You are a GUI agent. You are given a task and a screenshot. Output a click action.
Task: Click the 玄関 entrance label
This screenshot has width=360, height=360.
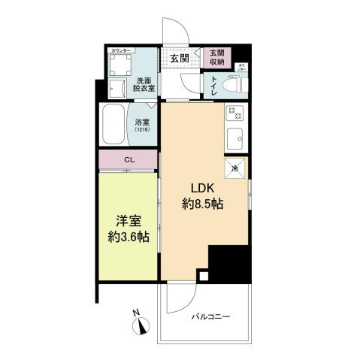178,58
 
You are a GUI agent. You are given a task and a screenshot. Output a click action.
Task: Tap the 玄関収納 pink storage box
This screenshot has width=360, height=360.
218,58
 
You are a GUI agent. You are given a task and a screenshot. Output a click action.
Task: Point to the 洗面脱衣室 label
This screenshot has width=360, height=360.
144,83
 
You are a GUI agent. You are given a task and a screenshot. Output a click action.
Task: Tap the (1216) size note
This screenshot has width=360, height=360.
143,130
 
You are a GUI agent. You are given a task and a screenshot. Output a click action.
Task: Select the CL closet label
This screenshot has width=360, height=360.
130,159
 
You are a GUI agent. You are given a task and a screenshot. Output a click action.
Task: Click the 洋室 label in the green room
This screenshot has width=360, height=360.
126,222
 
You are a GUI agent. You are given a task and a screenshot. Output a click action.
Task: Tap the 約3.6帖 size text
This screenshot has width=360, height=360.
127,237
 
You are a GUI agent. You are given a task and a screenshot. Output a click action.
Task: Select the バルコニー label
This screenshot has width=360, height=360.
209,316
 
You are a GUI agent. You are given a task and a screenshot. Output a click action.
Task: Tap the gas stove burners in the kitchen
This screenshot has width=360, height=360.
233,114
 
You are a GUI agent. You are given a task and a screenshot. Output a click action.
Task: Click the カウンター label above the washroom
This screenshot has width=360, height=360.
121,50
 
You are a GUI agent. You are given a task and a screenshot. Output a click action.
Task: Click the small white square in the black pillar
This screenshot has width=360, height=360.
201,275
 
